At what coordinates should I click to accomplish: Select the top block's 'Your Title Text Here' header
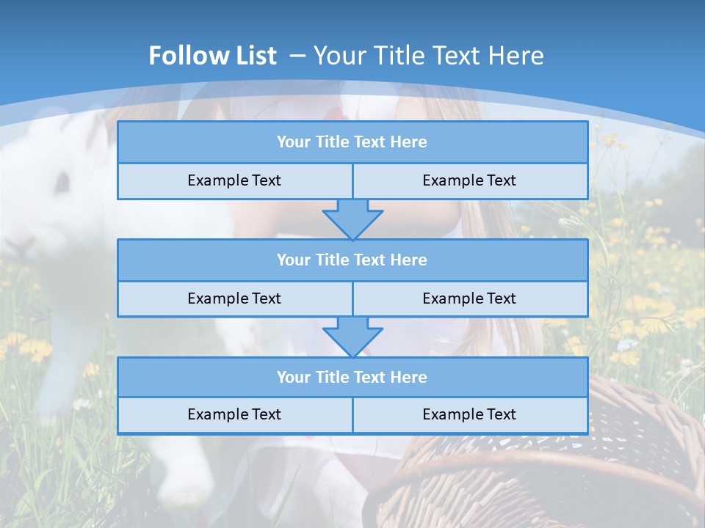coord(352,142)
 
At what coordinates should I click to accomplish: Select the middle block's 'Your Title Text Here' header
coord(352,260)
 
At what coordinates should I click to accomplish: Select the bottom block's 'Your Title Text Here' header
coord(352,377)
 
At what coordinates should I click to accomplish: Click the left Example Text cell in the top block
coord(234,181)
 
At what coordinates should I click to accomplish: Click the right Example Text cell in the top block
coord(469,181)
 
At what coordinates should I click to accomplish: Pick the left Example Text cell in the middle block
coord(234,298)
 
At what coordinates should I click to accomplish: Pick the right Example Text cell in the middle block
coord(469,298)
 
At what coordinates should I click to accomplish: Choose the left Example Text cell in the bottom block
coord(234,414)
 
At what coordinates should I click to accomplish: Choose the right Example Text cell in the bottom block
coord(469,414)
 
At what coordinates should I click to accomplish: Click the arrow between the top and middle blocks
coord(352,219)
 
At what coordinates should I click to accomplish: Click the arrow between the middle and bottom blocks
coord(352,337)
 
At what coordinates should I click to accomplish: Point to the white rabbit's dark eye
coord(63,180)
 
